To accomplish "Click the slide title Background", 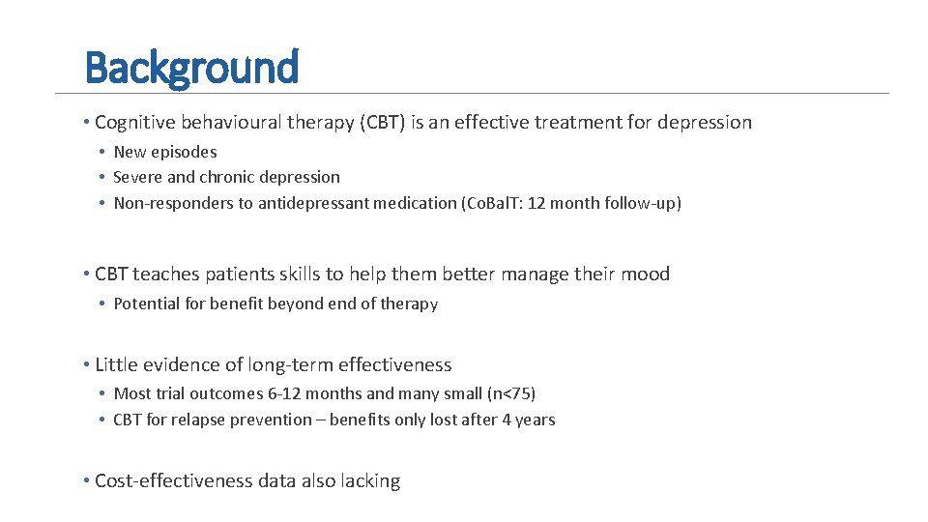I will click(x=191, y=68).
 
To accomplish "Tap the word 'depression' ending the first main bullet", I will click(x=703, y=123).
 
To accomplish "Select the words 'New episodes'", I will click(x=165, y=152).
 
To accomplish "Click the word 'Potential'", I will click(x=146, y=304).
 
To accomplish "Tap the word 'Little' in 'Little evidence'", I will click(x=116, y=365).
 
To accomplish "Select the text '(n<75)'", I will click(x=512, y=393).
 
